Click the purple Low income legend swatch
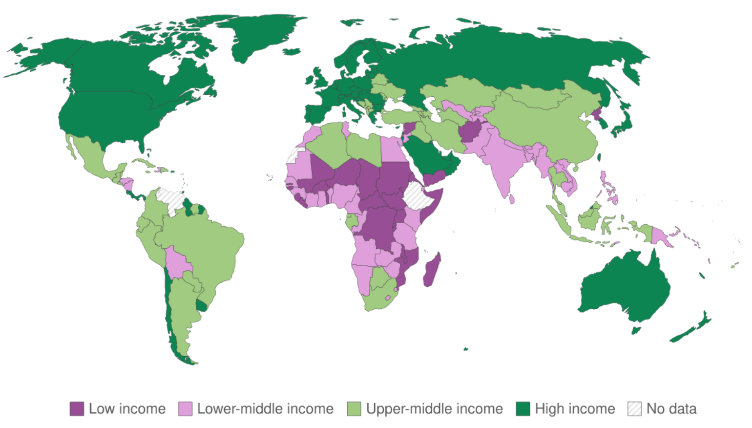coord(77,408)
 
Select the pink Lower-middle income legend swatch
coord(185,408)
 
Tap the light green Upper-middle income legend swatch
coord(354,408)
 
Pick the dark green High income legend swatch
coord(523,408)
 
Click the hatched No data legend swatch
coord(634,408)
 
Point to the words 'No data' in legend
coord(671,408)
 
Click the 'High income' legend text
coord(575,408)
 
